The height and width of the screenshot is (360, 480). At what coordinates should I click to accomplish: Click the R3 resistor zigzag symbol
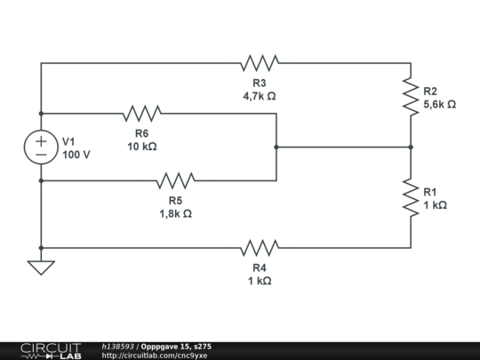pyautogui.click(x=260, y=63)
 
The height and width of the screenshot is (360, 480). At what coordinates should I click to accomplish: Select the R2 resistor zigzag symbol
pyautogui.click(x=411, y=97)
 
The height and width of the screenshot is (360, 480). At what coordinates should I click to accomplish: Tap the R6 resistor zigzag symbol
pyautogui.click(x=142, y=114)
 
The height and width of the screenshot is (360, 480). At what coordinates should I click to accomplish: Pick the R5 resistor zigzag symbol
pyautogui.click(x=175, y=180)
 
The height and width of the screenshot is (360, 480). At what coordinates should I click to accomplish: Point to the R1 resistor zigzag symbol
pyautogui.click(x=411, y=197)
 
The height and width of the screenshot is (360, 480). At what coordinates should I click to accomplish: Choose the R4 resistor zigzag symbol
pyautogui.click(x=260, y=248)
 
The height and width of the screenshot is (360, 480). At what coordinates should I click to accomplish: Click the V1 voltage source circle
pyautogui.click(x=41, y=148)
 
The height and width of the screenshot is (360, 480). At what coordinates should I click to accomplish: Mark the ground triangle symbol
pyautogui.click(x=41, y=268)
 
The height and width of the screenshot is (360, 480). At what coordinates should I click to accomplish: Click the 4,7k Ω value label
pyautogui.click(x=260, y=96)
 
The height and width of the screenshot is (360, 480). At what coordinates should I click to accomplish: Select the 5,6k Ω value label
pyautogui.click(x=440, y=105)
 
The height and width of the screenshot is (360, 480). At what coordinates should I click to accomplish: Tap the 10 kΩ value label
pyautogui.click(x=142, y=147)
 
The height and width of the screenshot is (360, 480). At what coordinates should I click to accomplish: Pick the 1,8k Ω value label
pyautogui.click(x=175, y=213)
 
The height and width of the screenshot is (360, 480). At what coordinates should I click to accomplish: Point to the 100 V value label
pyautogui.click(x=76, y=155)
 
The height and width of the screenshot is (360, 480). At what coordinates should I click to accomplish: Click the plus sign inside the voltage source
pyautogui.click(x=41, y=141)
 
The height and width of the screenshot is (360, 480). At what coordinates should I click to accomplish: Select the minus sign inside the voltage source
pyautogui.click(x=41, y=155)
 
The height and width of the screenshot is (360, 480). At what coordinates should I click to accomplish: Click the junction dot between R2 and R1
pyautogui.click(x=411, y=148)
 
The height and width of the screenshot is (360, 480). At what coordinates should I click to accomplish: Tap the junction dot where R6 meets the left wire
pyautogui.click(x=41, y=114)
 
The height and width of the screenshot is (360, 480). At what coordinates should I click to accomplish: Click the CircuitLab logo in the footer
pyautogui.click(x=51, y=351)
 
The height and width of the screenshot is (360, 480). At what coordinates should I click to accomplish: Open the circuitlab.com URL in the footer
pyautogui.click(x=155, y=356)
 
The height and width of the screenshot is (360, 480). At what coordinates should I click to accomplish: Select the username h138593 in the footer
pyautogui.click(x=118, y=347)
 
